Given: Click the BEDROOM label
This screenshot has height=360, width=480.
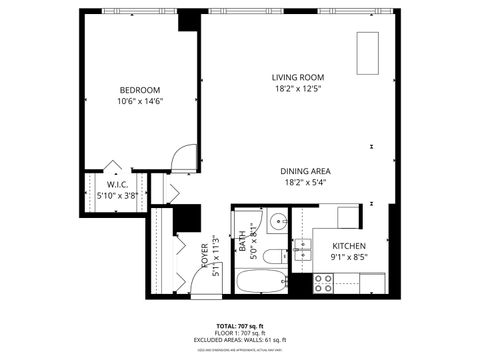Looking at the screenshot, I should point(140,90).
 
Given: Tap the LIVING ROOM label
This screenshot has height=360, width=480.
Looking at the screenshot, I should point(298,77).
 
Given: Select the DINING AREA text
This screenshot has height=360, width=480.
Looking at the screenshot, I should point(306,171).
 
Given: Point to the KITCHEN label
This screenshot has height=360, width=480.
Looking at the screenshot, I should point(347,246).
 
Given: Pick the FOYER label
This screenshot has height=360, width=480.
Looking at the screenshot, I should point(204,258).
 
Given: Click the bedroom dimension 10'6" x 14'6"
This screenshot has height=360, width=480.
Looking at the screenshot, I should point(140,101).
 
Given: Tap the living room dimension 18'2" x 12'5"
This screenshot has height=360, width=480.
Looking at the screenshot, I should point(298,88).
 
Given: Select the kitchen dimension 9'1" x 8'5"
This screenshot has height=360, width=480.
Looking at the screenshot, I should point(347,257).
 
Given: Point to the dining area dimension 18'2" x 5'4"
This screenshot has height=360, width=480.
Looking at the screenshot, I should point(306,182).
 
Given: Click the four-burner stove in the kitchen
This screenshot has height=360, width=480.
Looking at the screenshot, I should point(324,283).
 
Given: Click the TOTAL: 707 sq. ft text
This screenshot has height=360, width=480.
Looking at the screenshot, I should point(240,326).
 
